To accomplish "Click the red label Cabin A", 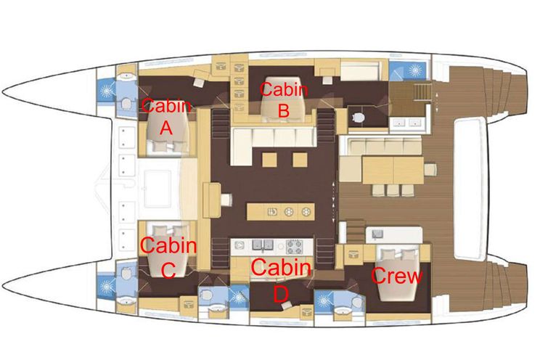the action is pos(166,117).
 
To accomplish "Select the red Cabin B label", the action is pos(284,100).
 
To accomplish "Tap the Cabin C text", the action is pos(168,257).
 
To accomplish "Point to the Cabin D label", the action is pos(282,279).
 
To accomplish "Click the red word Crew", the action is pos(397,276).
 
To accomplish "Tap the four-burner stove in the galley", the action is pos(295,246).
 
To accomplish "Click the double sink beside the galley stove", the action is pos(263,245).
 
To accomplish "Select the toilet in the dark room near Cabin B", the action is pos(359,118).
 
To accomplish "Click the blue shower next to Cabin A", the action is pos(106,91).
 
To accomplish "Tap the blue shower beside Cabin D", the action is pos(238,297).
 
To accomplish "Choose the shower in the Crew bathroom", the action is pos(323,301).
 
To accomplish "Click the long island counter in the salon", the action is pos(280,211).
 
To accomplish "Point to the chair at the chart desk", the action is pos(226,200).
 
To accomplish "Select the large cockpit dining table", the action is pos(393,170).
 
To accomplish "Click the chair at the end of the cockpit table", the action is pos(431,170).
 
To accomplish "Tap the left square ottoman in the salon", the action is pos(269,160).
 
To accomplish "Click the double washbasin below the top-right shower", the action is pos(407,123).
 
